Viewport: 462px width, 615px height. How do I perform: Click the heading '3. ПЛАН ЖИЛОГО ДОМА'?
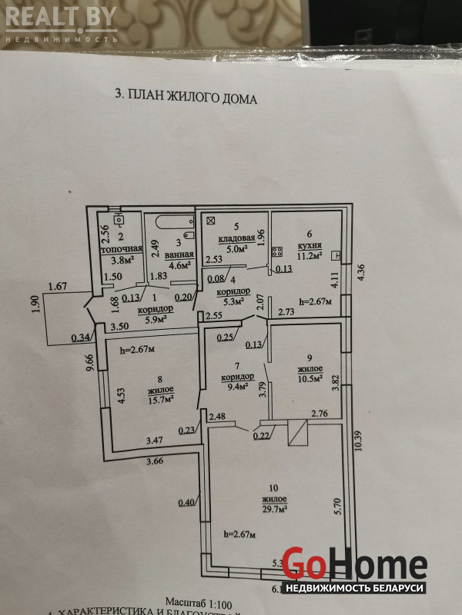point(186,98)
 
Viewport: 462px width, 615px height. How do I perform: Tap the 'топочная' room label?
point(124,249)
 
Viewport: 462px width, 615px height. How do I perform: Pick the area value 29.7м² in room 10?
point(274,509)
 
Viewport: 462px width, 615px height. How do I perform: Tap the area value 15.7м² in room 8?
point(160,398)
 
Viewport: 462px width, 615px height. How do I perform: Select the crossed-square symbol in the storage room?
point(208,220)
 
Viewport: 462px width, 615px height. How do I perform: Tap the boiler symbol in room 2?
point(119,218)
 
